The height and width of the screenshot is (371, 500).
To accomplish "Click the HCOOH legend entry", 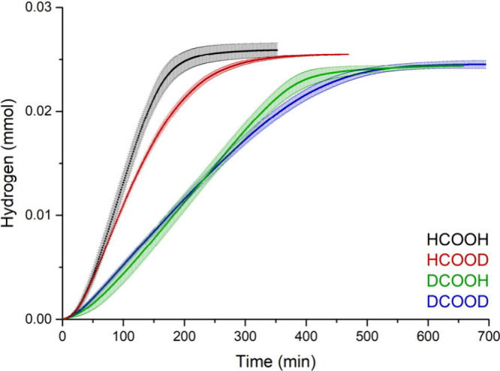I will [458, 240].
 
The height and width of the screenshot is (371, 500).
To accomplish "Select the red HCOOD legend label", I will [458, 261].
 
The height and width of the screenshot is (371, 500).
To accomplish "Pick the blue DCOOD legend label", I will [458, 301].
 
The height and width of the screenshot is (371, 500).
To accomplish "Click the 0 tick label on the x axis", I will [63, 333].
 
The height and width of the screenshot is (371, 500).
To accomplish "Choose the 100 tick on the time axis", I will [124, 333].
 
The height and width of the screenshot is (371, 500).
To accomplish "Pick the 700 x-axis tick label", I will [488, 333].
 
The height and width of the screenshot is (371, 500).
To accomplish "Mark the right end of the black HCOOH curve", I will [277, 50].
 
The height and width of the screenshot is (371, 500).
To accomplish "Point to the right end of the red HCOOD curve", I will [348, 54].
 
